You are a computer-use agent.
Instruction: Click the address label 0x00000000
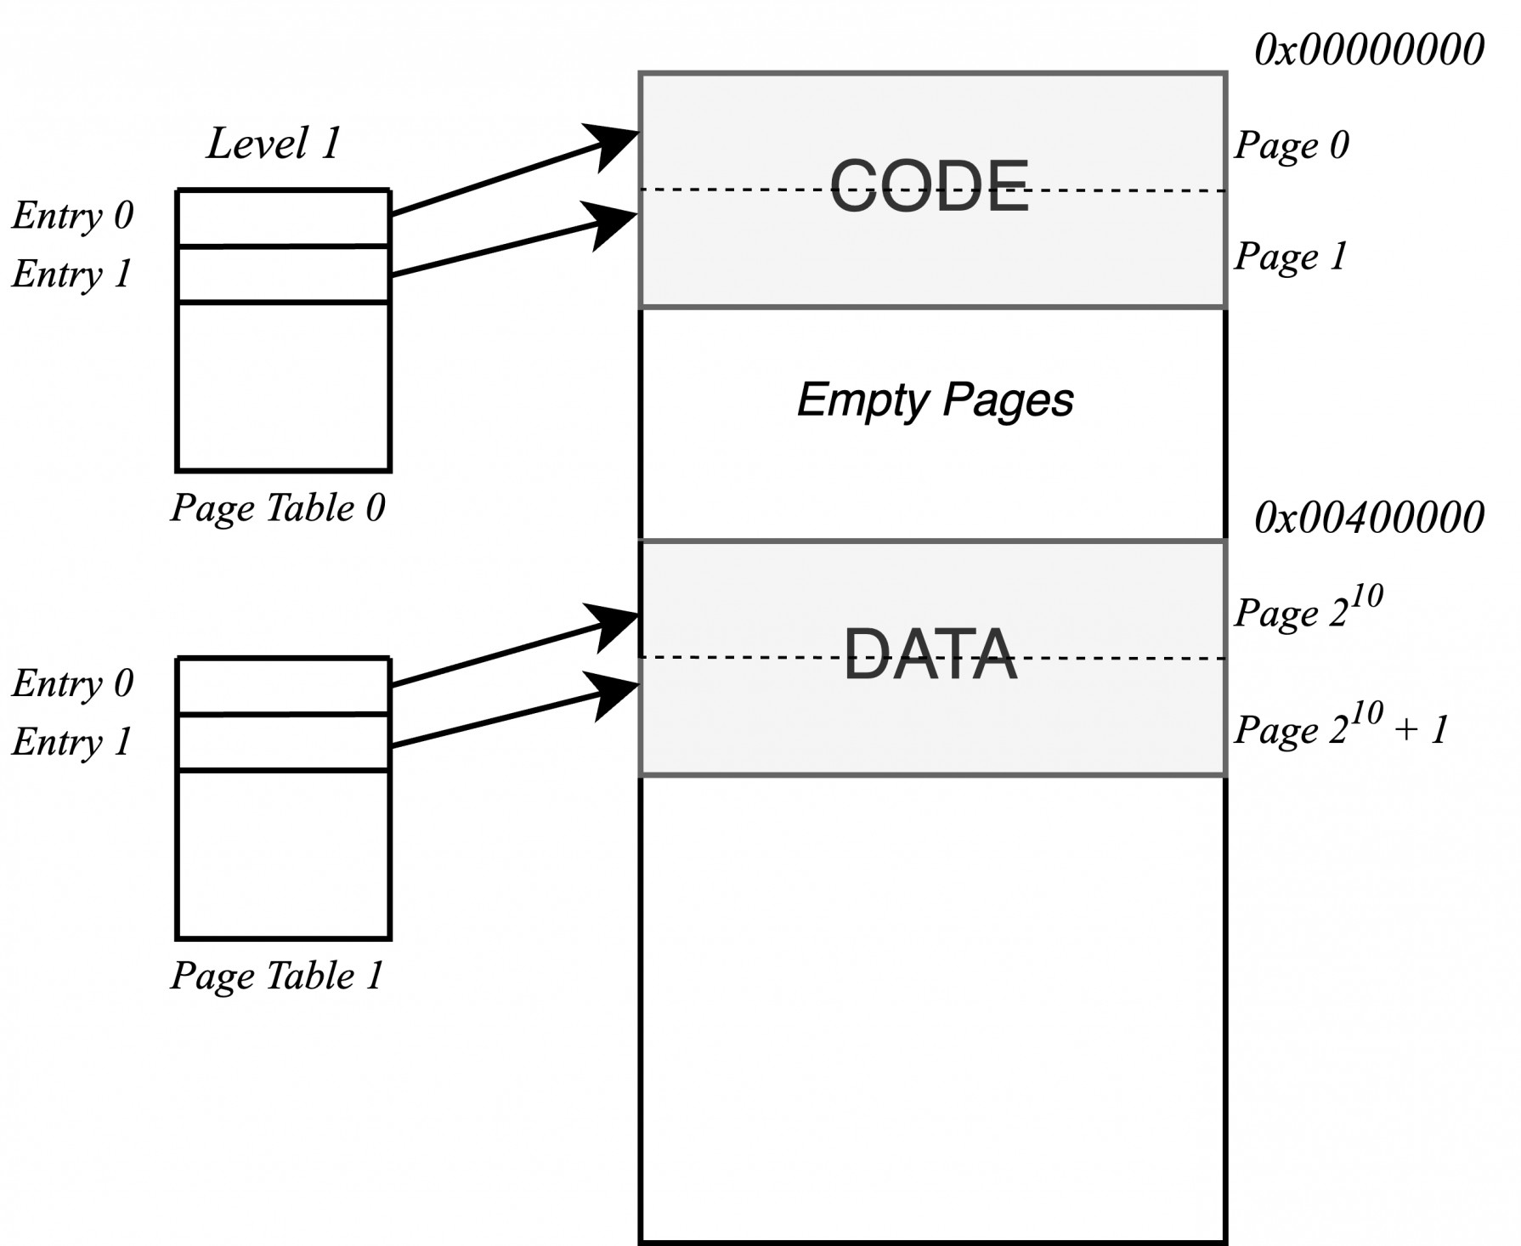[x=1369, y=50]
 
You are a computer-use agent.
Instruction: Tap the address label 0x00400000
[x=1369, y=517]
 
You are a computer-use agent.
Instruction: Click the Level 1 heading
[x=274, y=143]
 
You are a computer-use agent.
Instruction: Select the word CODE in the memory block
[x=930, y=186]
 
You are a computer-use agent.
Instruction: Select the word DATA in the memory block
[x=930, y=654]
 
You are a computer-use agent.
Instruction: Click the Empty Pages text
[x=935, y=399]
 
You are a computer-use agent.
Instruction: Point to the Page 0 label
[x=1291, y=145]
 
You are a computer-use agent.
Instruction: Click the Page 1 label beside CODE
[x=1291, y=256]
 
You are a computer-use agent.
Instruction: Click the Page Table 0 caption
[x=278, y=508]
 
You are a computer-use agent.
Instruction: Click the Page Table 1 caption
[x=278, y=976]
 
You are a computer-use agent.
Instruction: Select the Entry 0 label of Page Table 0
[x=73, y=215]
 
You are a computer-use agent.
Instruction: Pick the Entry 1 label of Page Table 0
[x=73, y=274]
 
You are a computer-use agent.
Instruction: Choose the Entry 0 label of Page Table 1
[x=73, y=683]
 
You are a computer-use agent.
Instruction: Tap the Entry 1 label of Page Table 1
[x=73, y=741]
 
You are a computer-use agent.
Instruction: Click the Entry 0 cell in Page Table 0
[x=283, y=218]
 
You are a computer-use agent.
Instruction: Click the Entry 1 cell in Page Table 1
[x=283, y=743]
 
